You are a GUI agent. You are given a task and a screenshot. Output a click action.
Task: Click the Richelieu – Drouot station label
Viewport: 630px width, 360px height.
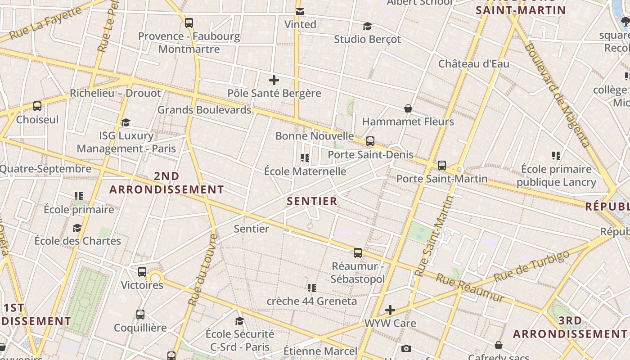click(x=115, y=93)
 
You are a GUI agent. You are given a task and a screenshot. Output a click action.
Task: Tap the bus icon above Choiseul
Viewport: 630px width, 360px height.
click(x=37, y=106)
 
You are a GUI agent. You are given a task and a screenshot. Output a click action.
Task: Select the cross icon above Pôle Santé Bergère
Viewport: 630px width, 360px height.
click(x=274, y=80)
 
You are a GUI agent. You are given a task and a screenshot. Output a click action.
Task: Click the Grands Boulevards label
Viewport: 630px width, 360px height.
click(x=204, y=110)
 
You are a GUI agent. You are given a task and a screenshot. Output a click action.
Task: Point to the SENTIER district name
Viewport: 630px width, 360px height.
click(x=312, y=201)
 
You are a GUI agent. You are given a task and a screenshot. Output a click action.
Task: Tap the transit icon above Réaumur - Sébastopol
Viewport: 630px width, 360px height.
click(x=358, y=252)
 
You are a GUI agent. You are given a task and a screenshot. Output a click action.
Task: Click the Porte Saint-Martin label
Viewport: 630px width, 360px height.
click(x=442, y=179)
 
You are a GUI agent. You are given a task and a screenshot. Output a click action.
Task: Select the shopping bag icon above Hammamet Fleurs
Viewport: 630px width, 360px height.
click(x=408, y=108)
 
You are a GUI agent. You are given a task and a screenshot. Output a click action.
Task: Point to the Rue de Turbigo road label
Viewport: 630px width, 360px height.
click(x=531, y=266)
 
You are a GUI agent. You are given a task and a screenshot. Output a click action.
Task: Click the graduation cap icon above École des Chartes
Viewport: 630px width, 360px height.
click(x=77, y=228)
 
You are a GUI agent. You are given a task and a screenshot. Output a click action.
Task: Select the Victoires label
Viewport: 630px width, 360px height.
click(x=142, y=285)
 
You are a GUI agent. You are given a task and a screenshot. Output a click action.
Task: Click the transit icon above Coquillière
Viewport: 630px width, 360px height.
click(x=140, y=315)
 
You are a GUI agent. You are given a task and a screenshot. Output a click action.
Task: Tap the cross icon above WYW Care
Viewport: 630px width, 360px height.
click(x=390, y=310)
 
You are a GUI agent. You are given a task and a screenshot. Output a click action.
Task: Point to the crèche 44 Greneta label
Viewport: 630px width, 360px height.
click(x=312, y=301)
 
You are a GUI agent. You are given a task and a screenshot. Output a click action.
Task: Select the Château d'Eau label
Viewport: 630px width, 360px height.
click(x=474, y=63)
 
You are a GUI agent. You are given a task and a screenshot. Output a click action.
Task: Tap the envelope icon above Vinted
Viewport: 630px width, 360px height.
click(x=300, y=11)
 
